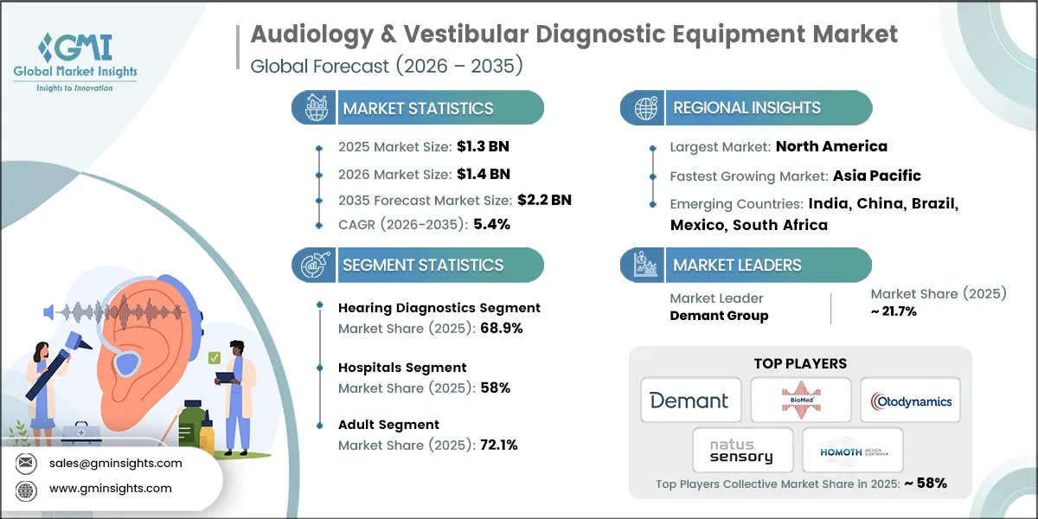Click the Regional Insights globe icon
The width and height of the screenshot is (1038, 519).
[x=644, y=108]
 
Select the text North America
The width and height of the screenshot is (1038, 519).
[x=831, y=146]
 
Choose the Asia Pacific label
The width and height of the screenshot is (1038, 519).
[x=876, y=176]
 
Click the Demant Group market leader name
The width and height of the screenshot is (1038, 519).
[x=719, y=316]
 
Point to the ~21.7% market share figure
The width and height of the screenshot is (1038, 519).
[x=894, y=311]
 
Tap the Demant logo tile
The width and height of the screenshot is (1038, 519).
[x=690, y=400]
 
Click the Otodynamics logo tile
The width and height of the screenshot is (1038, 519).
[x=910, y=400]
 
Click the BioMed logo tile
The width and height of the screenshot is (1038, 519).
[x=800, y=400]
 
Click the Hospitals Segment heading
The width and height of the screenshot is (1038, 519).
[x=402, y=368]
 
